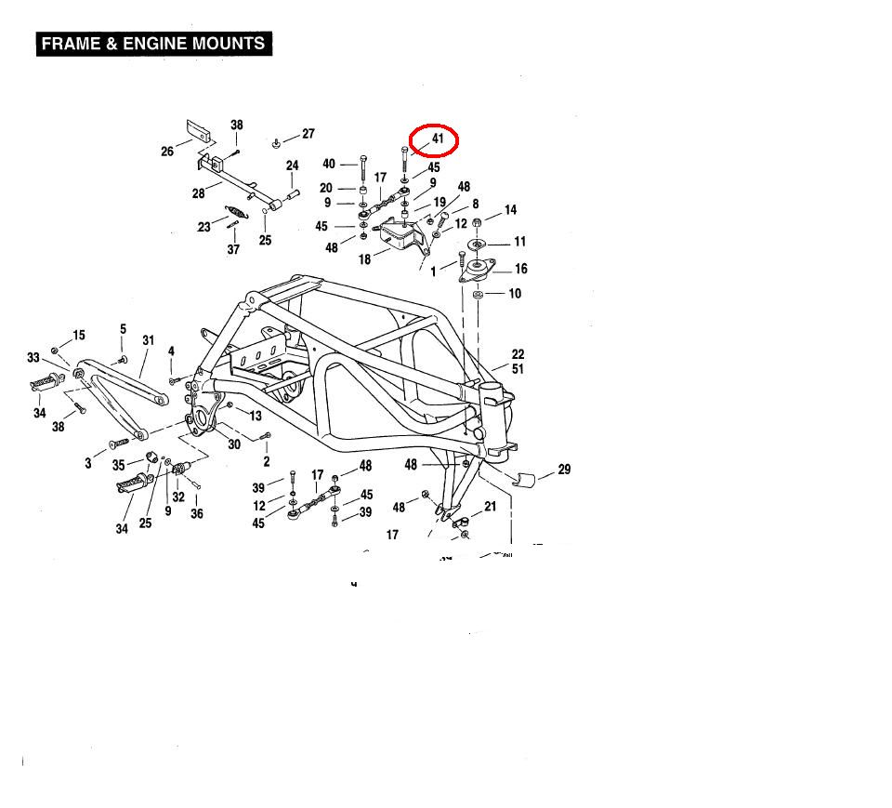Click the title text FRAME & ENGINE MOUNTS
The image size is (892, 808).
tap(153, 44)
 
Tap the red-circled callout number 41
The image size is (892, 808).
tap(439, 139)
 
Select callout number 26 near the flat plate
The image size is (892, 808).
tap(167, 152)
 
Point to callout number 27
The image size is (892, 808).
tap(308, 134)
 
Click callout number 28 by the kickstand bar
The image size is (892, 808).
tap(199, 193)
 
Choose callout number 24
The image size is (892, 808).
tap(292, 166)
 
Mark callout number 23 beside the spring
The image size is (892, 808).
tap(203, 226)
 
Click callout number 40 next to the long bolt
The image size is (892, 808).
tap(329, 165)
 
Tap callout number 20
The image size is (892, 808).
tap(326, 188)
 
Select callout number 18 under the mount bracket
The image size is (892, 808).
tap(364, 259)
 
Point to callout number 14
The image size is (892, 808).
tap(510, 210)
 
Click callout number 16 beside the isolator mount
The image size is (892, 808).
tap(520, 270)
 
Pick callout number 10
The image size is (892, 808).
tap(515, 294)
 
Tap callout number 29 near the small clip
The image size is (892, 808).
tap(564, 470)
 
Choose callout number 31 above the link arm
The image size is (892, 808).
tap(148, 340)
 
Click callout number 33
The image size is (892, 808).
tap(33, 358)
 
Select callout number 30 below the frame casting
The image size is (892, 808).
tap(234, 444)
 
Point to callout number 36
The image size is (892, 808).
tap(197, 513)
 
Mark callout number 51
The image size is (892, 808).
tap(518, 369)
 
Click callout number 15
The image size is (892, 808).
tap(79, 336)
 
